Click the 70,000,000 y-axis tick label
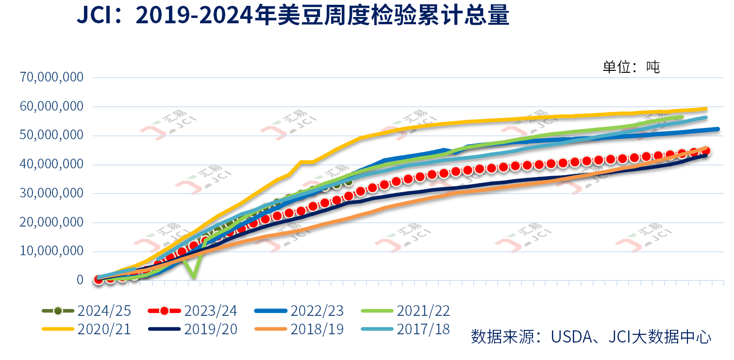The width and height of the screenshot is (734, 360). [x=51, y=77]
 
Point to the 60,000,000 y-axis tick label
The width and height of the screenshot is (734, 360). [x=51, y=106]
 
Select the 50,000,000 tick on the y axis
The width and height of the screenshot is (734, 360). [x=51, y=135]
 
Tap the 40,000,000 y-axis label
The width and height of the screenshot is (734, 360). [x=51, y=164]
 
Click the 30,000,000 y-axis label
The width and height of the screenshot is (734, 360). [x=51, y=193]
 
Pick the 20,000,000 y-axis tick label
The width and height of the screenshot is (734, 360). [x=51, y=222]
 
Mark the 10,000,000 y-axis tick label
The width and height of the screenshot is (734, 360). [x=51, y=251]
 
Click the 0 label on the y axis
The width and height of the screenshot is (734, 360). [x=80, y=280]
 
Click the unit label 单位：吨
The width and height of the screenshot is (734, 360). [x=631, y=67]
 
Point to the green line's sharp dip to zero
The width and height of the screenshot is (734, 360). [x=194, y=277]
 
